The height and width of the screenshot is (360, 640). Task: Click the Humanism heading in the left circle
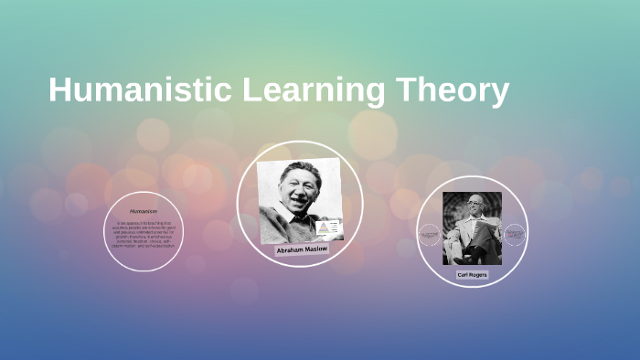pos(144,210)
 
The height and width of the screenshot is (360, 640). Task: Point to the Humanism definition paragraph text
pos(144,233)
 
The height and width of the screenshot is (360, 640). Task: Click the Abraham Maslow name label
pos(303,249)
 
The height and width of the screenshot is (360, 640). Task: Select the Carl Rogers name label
pos(472,274)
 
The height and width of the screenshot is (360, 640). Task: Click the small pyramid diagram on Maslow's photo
pos(325,226)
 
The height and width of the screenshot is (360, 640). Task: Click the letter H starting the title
pos(59,91)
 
